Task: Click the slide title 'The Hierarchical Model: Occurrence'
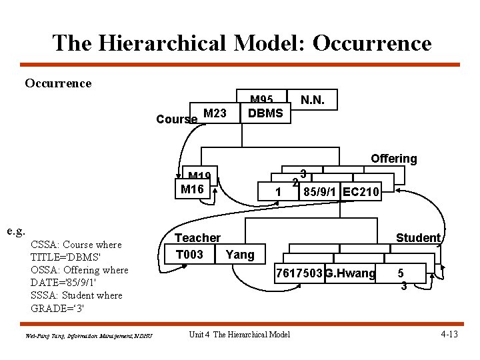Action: coord(241,43)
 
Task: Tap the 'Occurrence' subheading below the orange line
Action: coord(58,83)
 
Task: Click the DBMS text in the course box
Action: coord(265,113)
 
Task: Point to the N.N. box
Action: coord(313,100)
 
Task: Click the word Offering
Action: coord(393,159)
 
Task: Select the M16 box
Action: coord(192,189)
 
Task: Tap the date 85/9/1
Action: coord(321,193)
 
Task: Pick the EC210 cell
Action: coord(361,193)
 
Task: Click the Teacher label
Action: coord(197,238)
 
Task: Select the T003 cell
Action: coord(189,254)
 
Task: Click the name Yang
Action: coord(240,254)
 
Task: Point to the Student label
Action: coord(418,238)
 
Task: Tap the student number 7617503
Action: coord(300,273)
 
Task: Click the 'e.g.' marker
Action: coord(16,231)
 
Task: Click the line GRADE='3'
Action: coord(58,308)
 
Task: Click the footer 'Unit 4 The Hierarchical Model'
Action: coord(239,334)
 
